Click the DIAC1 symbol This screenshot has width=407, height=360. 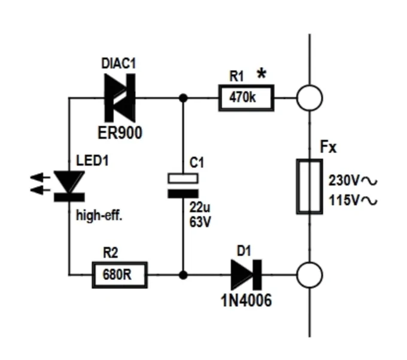click(x=120, y=98)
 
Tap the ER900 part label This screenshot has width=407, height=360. click(x=120, y=133)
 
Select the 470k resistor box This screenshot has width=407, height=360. click(x=247, y=98)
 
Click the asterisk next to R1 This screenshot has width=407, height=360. click(x=262, y=74)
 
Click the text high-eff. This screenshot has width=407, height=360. click(x=99, y=215)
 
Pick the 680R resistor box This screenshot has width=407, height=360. click(x=120, y=275)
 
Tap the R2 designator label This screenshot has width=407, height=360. click(x=110, y=252)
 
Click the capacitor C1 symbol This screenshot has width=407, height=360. click(x=183, y=186)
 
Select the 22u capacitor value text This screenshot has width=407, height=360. click(x=199, y=208)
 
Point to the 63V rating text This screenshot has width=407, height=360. click(x=200, y=222)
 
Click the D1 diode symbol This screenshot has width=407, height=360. click(x=247, y=275)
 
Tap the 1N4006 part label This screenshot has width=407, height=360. click(x=246, y=300)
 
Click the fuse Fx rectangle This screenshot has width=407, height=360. click(x=309, y=187)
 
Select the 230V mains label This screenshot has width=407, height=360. click(x=353, y=181)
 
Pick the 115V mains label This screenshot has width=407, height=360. click(x=353, y=200)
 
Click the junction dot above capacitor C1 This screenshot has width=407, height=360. click(x=183, y=98)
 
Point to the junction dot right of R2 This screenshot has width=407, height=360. click(x=183, y=275)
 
